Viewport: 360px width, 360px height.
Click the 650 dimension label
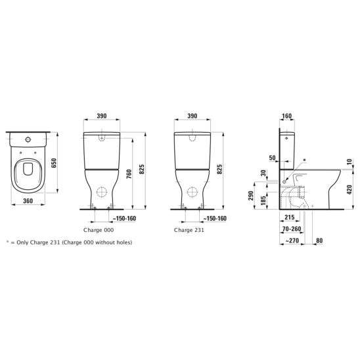[x=54, y=163]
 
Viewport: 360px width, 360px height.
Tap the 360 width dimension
[x=28, y=201]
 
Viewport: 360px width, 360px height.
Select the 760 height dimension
[x=129, y=174]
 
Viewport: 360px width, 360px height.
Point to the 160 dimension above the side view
[x=286, y=116]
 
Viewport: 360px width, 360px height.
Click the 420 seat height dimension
[x=349, y=190]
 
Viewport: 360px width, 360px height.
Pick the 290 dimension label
[x=251, y=195]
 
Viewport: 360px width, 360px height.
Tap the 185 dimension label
[x=263, y=200]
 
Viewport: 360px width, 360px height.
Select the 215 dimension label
[x=289, y=217]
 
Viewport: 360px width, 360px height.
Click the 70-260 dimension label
[x=292, y=229]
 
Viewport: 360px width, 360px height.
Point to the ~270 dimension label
[x=292, y=240]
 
